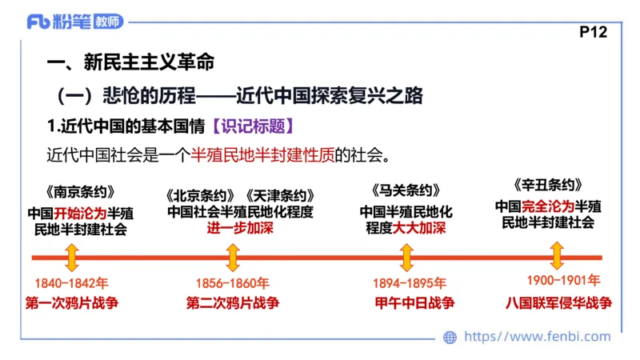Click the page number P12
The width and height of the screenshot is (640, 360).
tap(592, 32)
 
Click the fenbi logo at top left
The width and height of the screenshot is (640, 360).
tap(76, 22)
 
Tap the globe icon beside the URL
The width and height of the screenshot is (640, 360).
tap(450, 337)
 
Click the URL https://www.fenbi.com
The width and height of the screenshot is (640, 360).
tap(537, 337)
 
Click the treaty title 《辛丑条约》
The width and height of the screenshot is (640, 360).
tap(547, 184)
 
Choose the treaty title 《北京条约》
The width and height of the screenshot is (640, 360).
tap(200, 195)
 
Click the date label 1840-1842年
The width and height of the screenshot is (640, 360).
tap(71, 282)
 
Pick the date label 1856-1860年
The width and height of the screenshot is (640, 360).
tap(232, 282)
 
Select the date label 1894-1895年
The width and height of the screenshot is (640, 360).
tap(408, 282)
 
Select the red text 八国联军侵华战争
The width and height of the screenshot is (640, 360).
tap(558, 303)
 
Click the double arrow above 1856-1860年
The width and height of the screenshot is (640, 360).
tap(233, 257)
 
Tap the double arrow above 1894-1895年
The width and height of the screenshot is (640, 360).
tap(406, 257)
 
